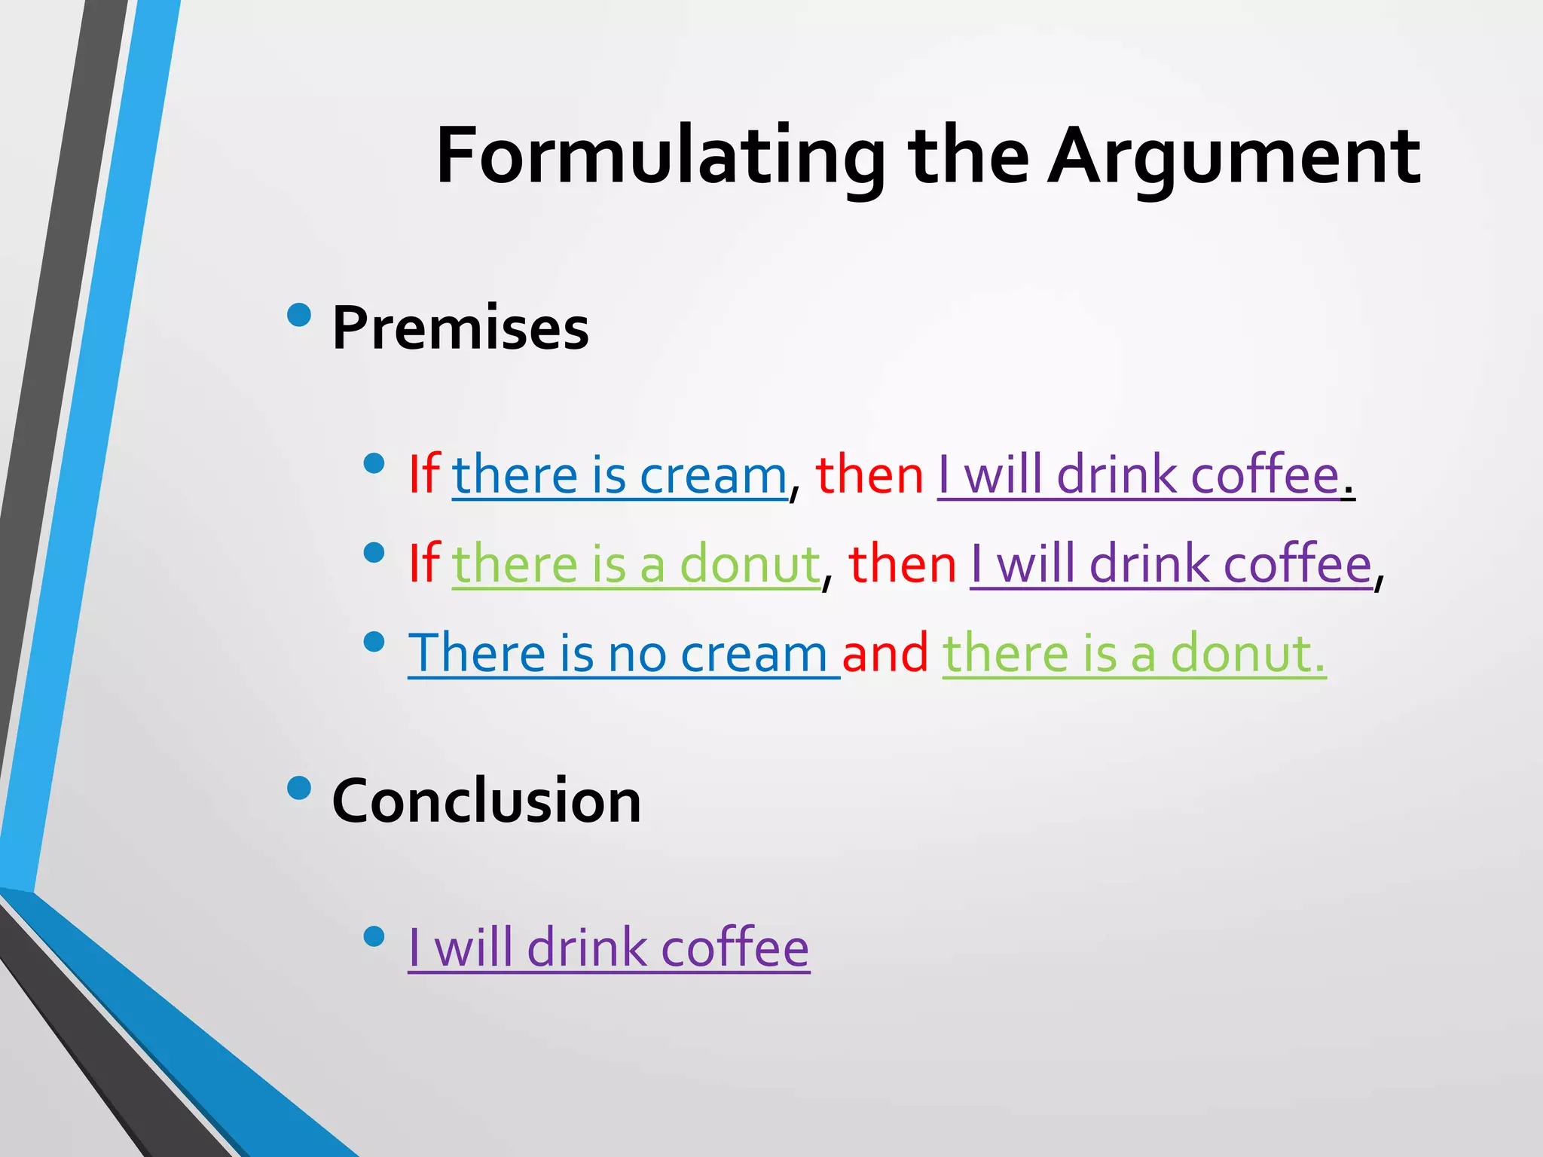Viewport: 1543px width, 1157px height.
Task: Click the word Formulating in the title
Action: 660,157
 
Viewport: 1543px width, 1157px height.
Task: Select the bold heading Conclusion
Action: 486,801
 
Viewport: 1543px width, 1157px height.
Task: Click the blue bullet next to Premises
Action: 299,314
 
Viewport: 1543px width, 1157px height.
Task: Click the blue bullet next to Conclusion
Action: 299,787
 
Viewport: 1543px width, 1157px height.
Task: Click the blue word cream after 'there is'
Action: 713,476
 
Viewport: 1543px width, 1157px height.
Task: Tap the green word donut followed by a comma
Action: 750,565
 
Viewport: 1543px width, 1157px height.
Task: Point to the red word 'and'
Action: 885,653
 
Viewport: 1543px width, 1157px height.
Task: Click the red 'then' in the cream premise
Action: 869,476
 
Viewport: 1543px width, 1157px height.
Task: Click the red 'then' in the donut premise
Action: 902,565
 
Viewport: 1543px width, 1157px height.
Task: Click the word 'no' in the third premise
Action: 637,654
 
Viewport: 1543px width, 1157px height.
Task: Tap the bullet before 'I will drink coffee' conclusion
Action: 374,936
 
